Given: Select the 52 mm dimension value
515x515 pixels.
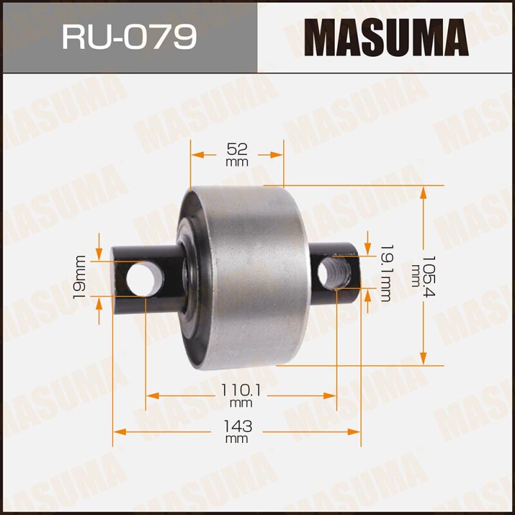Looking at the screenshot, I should tap(237, 149).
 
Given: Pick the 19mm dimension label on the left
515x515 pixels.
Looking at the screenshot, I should tap(80, 277).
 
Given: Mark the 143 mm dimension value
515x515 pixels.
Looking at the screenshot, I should tap(237, 427).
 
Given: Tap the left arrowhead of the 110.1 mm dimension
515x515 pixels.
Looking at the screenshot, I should tap(152, 396).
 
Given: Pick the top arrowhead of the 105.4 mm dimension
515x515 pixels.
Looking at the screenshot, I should tap(423, 191).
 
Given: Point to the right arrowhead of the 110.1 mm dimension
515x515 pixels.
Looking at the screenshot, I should tap(331, 396).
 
